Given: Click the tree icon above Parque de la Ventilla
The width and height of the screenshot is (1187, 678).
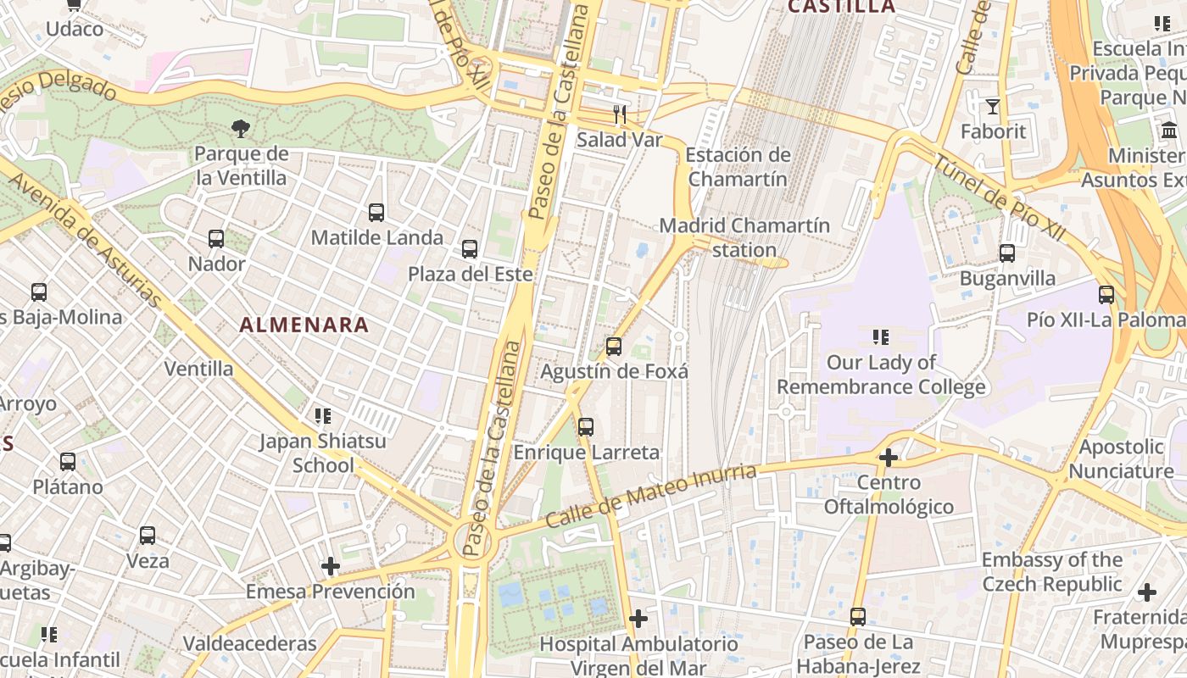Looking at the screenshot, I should pos(241,129).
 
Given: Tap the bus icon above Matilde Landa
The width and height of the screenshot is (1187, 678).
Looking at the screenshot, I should pos(376,213).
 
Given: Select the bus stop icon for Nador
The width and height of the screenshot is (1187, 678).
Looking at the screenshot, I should pos(216,239).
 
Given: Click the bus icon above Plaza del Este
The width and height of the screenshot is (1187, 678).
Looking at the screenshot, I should pos(470,249).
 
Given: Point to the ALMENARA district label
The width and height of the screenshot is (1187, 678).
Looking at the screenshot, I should pos(304,325).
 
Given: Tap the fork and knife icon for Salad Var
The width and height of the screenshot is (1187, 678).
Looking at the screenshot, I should pos(620,114).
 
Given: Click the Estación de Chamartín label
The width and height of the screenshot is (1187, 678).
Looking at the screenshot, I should pos(738,167).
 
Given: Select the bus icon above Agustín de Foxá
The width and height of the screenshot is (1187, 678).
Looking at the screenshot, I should pos(614,347).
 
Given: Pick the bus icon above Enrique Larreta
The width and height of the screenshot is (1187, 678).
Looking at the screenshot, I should pos(586,427).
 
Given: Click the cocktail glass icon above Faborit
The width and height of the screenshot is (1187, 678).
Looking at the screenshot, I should pos(993,107).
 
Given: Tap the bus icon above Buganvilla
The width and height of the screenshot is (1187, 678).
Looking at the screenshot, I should pos(1007,253).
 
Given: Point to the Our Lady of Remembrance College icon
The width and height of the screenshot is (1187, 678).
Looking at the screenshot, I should pos(881,337).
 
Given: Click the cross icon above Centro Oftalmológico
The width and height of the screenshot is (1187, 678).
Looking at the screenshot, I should pos(889,458).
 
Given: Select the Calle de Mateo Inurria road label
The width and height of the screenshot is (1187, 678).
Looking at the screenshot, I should pos(650,496).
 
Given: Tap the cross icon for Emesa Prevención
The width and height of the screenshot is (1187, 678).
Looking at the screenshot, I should pos(331,566).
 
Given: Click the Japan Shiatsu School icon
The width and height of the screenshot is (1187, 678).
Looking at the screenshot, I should pos(322,416).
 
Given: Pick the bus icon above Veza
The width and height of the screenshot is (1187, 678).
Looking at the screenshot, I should pos(148,536).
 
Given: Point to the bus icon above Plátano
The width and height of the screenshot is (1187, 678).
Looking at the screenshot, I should pos(68,462).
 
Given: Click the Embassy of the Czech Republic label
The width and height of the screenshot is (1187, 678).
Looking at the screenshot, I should pos(1052,572).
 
